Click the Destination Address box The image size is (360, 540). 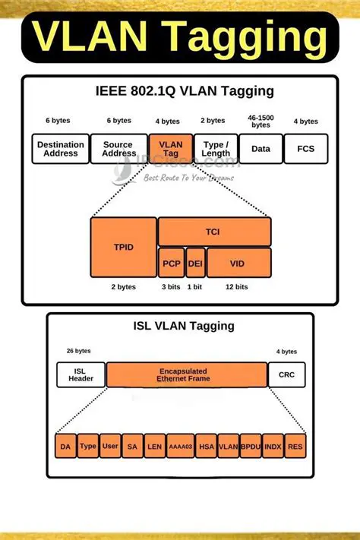click(x=60, y=149)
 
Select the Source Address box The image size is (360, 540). click(x=118, y=149)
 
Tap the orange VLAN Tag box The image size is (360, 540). click(x=170, y=149)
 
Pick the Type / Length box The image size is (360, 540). click(x=216, y=149)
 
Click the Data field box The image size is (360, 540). click(x=261, y=149)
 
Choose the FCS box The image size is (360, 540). click(x=305, y=149)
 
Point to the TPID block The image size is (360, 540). click(x=123, y=247)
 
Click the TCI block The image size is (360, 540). click(x=214, y=231)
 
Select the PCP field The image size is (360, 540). click(x=170, y=262)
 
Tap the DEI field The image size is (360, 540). click(x=195, y=262)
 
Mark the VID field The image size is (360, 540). click(x=238, y=262)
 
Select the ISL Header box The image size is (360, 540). click(x=81, y=375)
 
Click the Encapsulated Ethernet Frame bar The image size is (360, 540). click(x=186, y=375)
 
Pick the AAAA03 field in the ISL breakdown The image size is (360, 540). click(x=179, y=447)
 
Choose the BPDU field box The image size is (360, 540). click(x=250, y=447)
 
